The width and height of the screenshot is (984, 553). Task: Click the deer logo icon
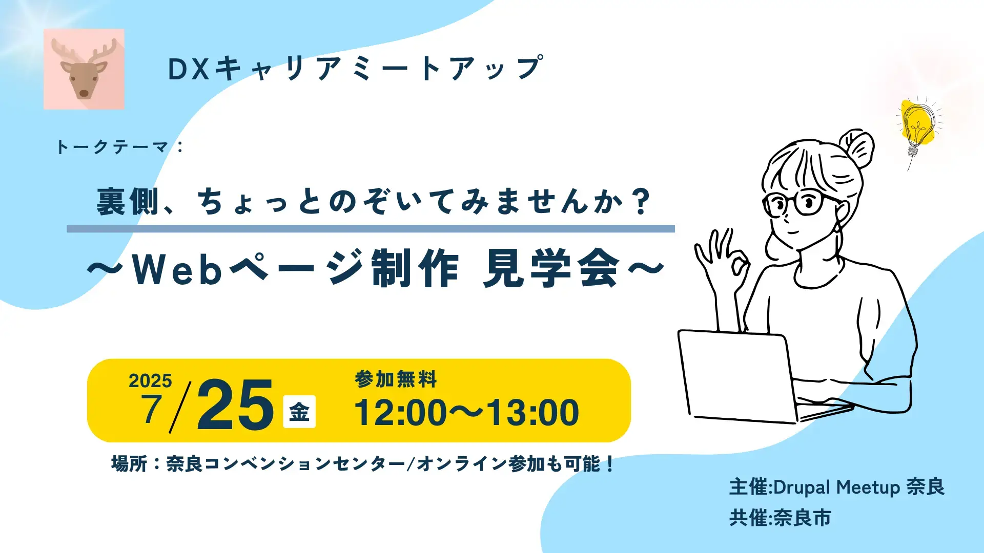(84, 69)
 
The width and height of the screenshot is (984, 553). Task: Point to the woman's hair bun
(857, 148)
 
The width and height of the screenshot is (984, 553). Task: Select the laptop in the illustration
(738, 376)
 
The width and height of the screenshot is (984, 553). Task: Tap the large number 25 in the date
(235, 406)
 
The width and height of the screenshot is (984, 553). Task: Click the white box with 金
(299, 412)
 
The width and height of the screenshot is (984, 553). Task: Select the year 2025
(150, 381)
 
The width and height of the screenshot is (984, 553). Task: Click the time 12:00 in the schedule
(401, 413)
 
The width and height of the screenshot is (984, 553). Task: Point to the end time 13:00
(532, 413)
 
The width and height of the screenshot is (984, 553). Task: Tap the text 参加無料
(396, 379)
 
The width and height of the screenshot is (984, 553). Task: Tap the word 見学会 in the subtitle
(551, 269)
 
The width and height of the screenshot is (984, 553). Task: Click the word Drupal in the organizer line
(802, 487)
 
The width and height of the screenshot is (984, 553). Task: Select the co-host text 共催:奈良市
(780, 518)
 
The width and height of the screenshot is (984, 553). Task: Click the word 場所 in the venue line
(129, 464)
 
